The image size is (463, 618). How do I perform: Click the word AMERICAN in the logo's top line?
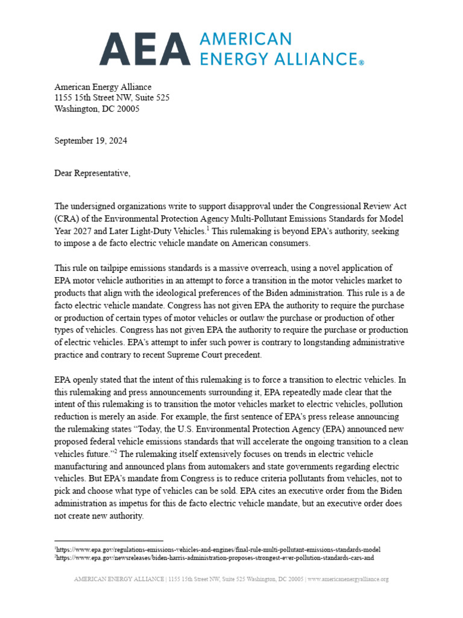(245, 39)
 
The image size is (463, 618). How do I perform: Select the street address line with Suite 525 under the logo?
(112, 98)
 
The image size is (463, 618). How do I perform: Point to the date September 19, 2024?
(91, 141)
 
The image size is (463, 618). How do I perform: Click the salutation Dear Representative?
(92, 173)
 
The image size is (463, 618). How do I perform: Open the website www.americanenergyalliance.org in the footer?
(349, 579)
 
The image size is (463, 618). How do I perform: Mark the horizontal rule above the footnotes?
(109, 541)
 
